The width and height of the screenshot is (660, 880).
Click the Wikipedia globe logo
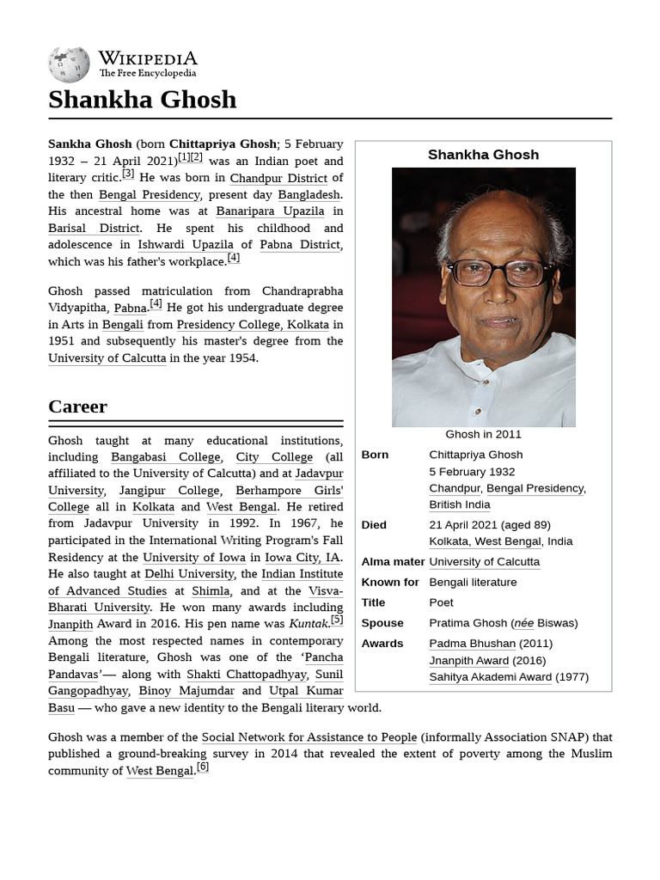click(x=69, y=64)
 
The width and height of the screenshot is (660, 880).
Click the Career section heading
click(x=78, y=406)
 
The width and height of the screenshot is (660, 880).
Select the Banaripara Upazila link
click(x=270, y=211)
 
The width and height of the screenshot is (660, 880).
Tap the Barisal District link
click(x=94, y=229)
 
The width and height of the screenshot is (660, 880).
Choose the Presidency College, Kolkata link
click(x=242, y=324)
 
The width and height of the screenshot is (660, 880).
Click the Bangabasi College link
click(x=166, y=457)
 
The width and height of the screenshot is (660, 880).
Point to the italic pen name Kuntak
click(x=309, y=624)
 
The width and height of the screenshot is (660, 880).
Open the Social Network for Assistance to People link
click(x=309, y=737)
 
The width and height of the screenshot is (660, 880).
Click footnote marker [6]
click(x=203, y=767)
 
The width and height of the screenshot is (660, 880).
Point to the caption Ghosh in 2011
click(x=483, y=434)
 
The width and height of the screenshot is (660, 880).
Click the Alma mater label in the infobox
click(x=393, y=561)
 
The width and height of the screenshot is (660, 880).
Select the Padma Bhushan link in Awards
click(x=473, y=644)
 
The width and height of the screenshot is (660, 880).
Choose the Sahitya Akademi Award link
click(x=491, y=677)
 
